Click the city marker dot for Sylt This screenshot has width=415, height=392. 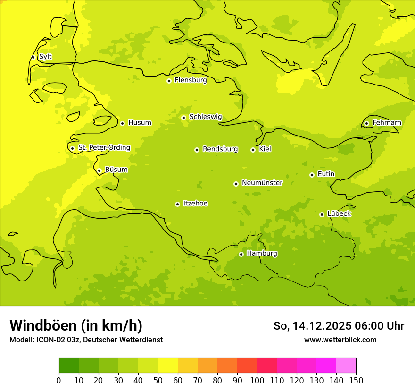(x=33, y=57)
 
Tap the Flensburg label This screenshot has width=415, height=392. (x=191, y=80)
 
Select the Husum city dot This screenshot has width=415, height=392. (x=122, y=123)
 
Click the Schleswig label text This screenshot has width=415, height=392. (x=205, y=117)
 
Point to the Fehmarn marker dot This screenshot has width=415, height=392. (x=366, y=123)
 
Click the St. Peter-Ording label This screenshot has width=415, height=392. (x=104, y=148)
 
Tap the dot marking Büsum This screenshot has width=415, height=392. (x=99, y=170)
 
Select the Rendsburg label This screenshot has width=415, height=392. (x=220, y=149)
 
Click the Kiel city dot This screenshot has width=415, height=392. (x=253, y=150)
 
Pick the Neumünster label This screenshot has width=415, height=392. (x=262, y=183)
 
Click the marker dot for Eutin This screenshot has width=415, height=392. (x=312, y=175)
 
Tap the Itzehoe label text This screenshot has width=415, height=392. (x=195, y=204)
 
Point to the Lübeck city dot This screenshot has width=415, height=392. (x=322, y=214)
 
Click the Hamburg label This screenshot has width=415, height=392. (x=262, y=254)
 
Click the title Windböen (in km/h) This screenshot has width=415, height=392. (x=75, y=325)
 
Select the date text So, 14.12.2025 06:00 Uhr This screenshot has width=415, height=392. (x=339, y=326)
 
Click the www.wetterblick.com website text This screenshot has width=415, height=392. (x=340, y=340)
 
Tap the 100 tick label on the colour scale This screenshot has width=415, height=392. (x=257, y=381)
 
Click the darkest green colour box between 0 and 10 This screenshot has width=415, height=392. (x=69, y=366)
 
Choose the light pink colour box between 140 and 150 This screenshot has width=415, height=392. (x=346, y=366)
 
